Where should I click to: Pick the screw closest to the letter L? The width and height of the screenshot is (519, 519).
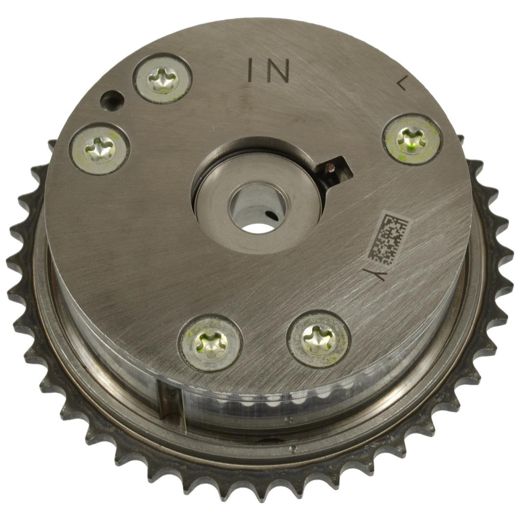coord(412,139)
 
